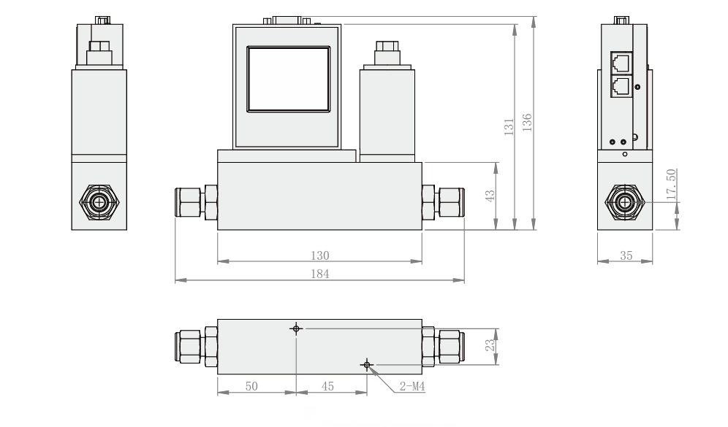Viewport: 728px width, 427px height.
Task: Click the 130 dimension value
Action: click(x=320, y=255)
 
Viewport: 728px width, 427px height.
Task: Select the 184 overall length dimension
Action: click(x=320, y=274)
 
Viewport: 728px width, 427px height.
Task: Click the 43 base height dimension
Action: click(x=490, y=196)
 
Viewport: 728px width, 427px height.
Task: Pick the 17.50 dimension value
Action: click(x=671, y=182)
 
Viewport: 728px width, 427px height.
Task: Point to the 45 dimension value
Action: click(x=329, y=386)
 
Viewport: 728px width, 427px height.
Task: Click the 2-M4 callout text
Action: click(x=412, y=387)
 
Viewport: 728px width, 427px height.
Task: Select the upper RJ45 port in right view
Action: click(x=621, y=62)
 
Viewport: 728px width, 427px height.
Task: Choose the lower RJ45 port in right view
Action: click(x=621, y=85)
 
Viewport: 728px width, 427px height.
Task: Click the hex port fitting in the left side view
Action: click(x=98, y=200)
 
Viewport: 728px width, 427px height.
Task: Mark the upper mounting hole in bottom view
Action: click(x=296, y=328)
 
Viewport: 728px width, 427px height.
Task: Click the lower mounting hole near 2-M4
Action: click(x=367, y=364)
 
